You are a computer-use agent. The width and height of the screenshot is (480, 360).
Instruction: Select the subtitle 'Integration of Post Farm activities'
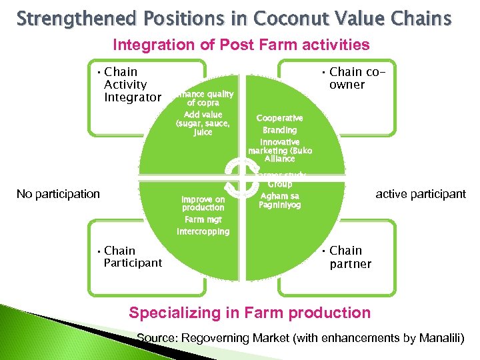click(x=241, y=45)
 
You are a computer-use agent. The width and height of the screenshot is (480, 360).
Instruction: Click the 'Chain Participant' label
click(x=133, y=257)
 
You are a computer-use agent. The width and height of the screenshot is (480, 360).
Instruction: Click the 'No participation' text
click(x=58, y=194)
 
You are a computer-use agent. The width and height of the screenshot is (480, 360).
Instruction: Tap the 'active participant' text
click(x=421, y=194)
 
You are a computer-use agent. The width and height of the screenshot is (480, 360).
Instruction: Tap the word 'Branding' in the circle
click(x=280, y=130)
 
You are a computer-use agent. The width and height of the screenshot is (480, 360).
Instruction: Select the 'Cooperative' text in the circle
click(x=280, y=118)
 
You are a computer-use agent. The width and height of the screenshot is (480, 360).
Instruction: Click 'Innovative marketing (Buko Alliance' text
click(x=280, y=151)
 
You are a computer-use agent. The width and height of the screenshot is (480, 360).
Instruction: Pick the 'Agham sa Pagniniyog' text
click(x=280, y=201)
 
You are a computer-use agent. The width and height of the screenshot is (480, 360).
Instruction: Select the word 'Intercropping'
click(x=203, y=232)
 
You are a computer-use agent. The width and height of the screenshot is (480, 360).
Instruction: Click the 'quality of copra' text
click(x=203, y=99)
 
